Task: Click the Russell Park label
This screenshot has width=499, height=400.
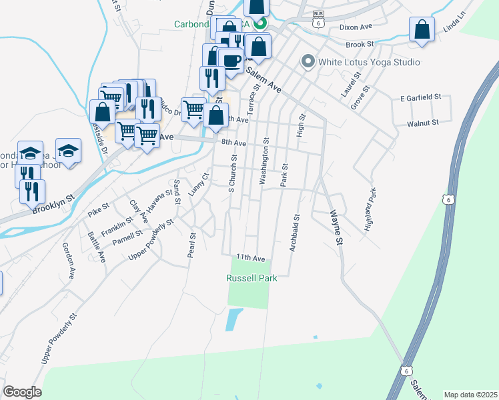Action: point(252,278)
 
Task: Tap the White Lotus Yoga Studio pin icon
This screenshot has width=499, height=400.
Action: point(308,62)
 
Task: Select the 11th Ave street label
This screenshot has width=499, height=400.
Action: point(250,258)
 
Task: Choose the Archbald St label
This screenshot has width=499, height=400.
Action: point(294,233)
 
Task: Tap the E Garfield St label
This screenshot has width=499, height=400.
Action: point(421,97)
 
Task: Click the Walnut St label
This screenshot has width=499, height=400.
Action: point(423,123)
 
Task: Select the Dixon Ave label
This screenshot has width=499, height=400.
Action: point(355,27)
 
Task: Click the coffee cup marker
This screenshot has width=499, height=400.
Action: point(231,61)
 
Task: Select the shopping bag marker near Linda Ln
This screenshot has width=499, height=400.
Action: point(421,29)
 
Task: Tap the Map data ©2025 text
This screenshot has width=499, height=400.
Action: point(470,395)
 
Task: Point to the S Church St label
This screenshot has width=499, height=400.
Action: point(233,173)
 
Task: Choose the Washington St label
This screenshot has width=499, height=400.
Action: point(265,161)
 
